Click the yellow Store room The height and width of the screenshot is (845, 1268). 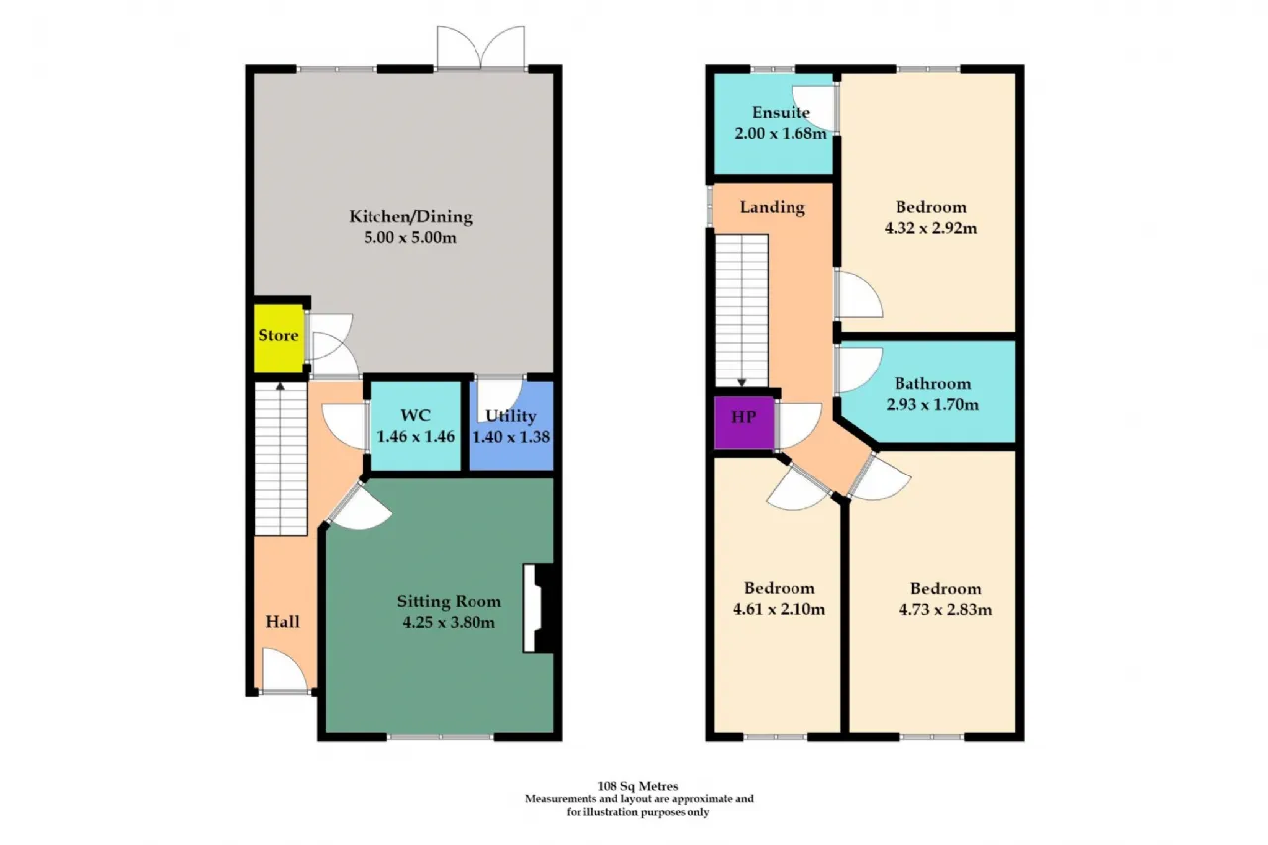tap(278, 339)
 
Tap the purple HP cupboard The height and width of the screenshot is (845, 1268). tap(743, 422)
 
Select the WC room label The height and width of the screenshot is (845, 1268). tap(415, 415)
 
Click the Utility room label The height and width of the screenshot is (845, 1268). tap(510, 416)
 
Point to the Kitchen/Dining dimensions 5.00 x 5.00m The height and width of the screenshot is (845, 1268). tap(410, 237)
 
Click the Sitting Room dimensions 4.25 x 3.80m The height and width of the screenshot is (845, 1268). tap(449, 622)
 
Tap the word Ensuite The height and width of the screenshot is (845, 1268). tap(781, 112)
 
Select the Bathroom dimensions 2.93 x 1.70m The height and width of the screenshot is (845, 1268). tap(932, 405)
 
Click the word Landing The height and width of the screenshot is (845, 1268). tap(772, 207)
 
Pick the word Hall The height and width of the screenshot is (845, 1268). tap(282, 622)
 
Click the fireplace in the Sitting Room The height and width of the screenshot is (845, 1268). tap(537, 608)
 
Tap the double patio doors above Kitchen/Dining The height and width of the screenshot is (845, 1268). tap(480, 48)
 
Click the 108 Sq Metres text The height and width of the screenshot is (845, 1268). tap(637, 786)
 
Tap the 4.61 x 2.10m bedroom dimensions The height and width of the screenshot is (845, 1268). tap(779, 609)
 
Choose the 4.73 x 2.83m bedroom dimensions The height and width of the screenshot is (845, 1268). tap(945, 609)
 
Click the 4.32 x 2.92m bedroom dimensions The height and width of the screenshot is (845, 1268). tap(930, 228)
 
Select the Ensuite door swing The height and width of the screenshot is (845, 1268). tap(814, 109)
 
